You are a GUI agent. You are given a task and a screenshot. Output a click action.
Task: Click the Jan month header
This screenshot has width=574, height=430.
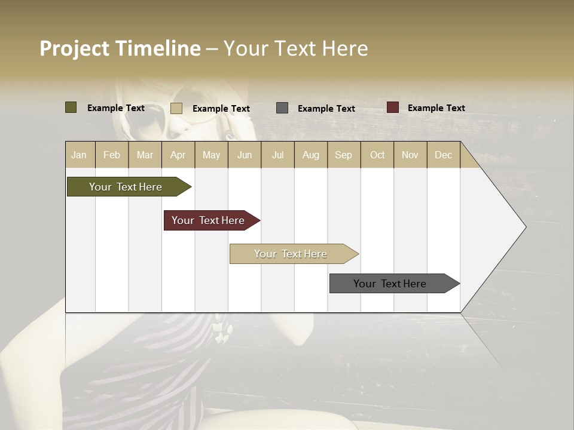pos(79,155)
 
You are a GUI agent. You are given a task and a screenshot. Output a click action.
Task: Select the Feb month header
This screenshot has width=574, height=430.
pos(112,155)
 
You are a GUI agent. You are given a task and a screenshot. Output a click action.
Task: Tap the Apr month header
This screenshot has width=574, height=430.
pos(178,155)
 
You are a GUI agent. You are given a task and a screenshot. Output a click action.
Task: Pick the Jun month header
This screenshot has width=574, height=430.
pos(245,155)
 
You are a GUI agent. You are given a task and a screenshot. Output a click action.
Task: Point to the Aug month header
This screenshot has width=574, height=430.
pos(310,155)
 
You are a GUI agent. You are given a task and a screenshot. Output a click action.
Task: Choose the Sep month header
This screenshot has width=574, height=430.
pos(343,155)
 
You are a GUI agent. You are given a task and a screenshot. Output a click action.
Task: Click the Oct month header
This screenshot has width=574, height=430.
pos(377,155)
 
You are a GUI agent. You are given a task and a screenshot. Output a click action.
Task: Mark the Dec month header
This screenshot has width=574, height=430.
pos(443,155)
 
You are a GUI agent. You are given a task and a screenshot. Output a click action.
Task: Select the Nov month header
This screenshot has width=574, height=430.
pos(410,155)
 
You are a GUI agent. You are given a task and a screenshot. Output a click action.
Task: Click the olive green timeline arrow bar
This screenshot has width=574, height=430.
pos(126,187)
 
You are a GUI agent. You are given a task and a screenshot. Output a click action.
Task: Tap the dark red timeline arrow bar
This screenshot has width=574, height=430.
pos(209,220)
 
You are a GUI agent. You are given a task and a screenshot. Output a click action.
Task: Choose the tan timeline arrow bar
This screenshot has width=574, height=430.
pos(291,254)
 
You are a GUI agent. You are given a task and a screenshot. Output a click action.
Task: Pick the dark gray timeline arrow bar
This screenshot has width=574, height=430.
pos(390,284)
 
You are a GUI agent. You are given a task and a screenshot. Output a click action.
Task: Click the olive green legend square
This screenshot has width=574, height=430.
pos(71,107)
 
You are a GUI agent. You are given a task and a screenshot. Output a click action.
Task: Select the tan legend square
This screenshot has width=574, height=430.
pos(176,108)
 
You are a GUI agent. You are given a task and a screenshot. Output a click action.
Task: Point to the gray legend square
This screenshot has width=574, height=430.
pos(282,108)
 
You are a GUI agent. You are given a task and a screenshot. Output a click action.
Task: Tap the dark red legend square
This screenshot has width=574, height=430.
pos(393,107)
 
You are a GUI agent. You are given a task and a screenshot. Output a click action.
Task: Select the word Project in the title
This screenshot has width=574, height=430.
pos(74,48)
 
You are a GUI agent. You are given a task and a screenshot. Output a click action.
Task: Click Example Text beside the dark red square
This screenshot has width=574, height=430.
pos(436,108)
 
